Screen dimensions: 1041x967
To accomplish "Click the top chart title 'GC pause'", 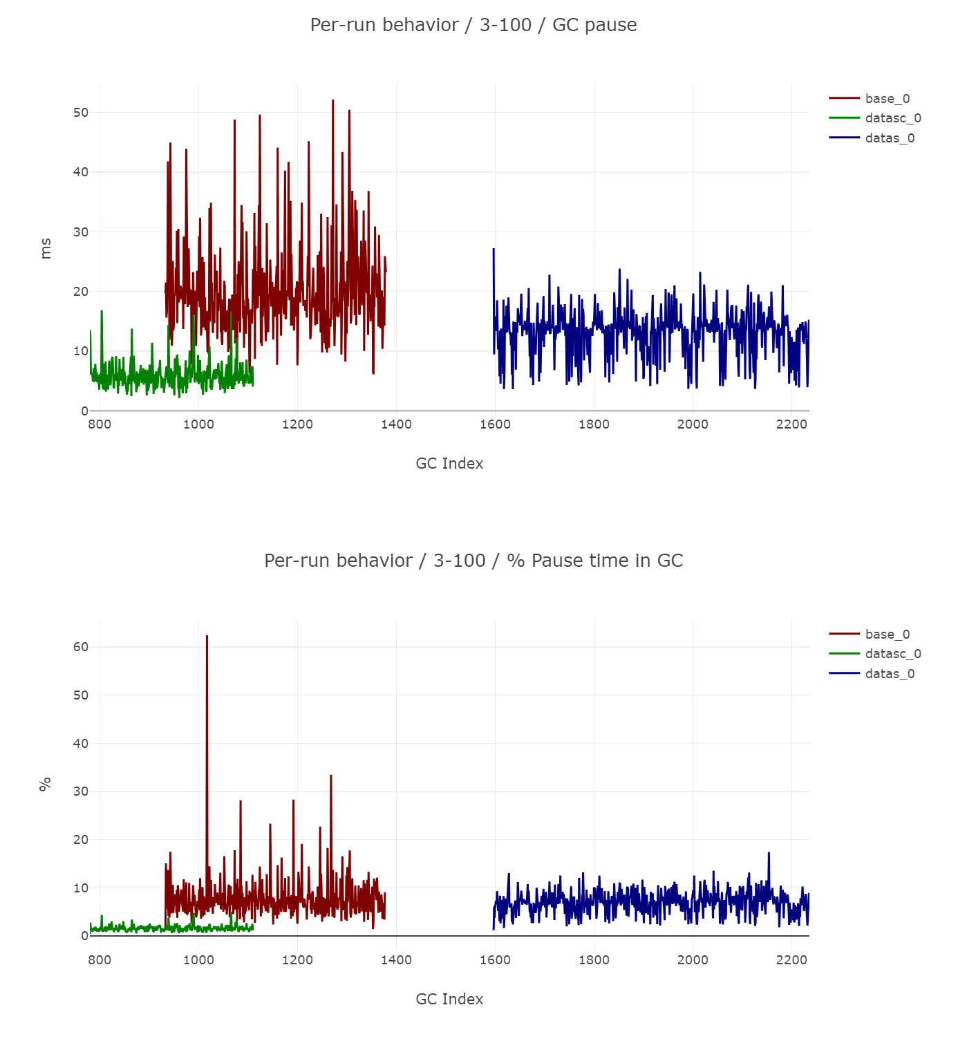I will click(473, 25).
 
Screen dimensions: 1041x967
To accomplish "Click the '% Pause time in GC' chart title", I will click(473, 561).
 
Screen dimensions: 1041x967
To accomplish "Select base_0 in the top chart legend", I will click(887, 99).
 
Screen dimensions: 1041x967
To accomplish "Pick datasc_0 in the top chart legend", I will click(892, 118).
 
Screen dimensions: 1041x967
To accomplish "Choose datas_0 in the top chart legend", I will click(890, 138).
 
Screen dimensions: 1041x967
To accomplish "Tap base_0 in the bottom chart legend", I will click(887, 635).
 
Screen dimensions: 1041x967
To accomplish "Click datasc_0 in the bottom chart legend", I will click(892, 654).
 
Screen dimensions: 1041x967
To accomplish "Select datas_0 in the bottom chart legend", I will click(890, 674).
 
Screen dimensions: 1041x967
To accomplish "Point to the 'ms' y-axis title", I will click(46, 248).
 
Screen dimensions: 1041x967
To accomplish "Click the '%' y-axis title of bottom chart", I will click(46, 784).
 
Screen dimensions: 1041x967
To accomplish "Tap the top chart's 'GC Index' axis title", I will click(449, 464).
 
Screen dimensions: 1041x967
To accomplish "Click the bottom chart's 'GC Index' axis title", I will click(449, 1000).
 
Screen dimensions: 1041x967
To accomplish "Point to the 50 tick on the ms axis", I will click(81, 113).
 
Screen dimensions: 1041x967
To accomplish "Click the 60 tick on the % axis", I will click(81, 647).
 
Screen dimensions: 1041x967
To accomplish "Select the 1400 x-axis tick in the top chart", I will click(396, 424).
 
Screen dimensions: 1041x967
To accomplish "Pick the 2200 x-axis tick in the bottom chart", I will click(791, 960).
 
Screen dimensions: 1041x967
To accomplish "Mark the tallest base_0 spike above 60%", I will click(207, 637).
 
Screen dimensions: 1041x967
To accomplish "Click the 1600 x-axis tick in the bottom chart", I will click(495, 960).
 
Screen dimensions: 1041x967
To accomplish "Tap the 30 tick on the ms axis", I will click(81, 232).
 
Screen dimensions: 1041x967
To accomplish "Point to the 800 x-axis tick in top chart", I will click(100, 424).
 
